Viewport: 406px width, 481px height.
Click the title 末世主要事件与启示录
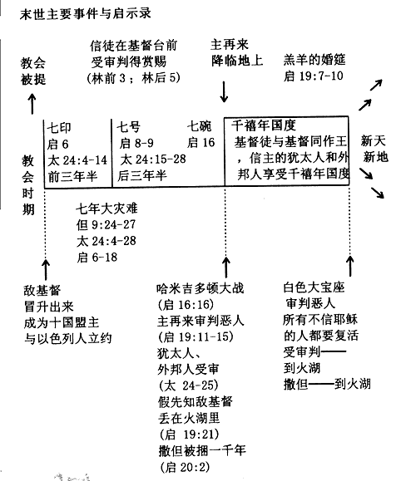tap(86, 14)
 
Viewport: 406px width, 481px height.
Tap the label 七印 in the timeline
tap(59, 128)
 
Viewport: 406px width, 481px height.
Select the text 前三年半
tap(72, 176)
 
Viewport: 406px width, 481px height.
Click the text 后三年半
tap(142, 175)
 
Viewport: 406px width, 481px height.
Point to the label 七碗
tap(200, 126)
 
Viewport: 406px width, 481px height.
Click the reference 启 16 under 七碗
tap(201, 142)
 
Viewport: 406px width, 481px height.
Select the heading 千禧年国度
tap(263, 125)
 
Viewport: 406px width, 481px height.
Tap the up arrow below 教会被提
tap(32, 104)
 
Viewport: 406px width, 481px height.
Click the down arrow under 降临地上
tap(224, 91)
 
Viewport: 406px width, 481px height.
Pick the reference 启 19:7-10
tap(314, 76)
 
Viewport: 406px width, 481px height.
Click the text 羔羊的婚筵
tap(314, 60)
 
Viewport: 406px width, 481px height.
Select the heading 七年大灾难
tap(106, 209)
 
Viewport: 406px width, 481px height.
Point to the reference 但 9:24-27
tap(106, 225)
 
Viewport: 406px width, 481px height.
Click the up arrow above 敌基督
tap(46, 269)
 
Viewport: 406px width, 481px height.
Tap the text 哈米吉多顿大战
tap(200, 288)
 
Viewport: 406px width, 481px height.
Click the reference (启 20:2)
tap(185, 467)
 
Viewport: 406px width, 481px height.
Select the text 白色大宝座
tap(314, 287)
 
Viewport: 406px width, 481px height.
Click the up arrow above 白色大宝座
tap(349, 267)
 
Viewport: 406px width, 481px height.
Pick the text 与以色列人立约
tap(67, 339)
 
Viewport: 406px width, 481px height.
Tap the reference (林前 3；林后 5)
tap(134, 78)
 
